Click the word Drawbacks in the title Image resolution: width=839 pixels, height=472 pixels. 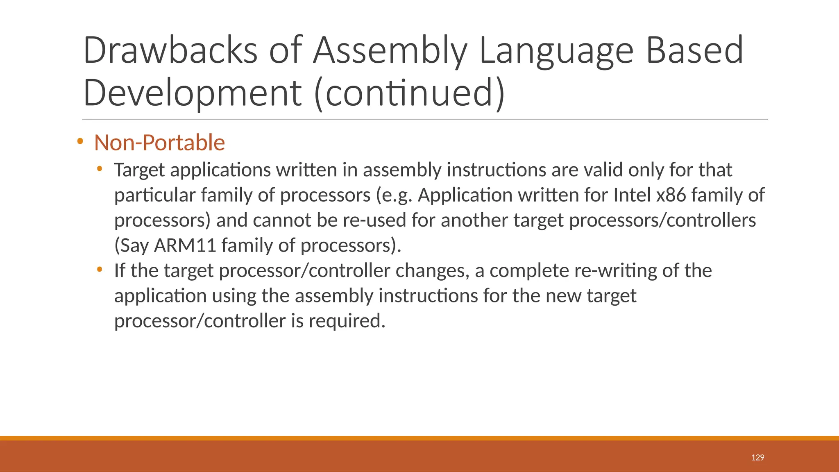coord(170,50)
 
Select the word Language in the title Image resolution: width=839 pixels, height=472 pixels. coord(556,50)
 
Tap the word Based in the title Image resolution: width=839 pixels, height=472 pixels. coord(694,50)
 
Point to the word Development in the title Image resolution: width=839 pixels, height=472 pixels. coord(193,93)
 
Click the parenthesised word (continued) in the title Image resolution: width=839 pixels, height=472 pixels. coord(409,93)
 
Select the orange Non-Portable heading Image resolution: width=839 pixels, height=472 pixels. coord(159,143)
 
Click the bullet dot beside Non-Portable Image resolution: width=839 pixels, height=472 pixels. coord(80,142)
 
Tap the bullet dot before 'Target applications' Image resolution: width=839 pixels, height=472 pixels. coord(100,168)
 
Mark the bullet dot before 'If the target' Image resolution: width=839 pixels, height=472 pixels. coord(100,269)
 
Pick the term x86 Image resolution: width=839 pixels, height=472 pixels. coord(671,195)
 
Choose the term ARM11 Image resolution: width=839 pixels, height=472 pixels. coord(185,245)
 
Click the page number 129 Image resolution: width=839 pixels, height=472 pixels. coord(757,458)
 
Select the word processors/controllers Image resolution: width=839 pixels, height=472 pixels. coord(662,220)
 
